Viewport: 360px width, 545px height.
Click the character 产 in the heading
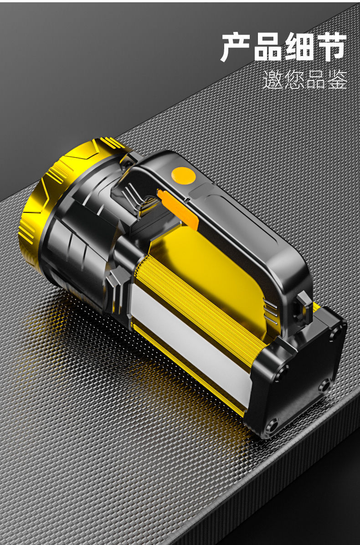click(x=237, y=46)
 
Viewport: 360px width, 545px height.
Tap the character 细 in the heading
click(x=299, y=46)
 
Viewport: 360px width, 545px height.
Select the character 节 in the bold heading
click(x=331, y=46)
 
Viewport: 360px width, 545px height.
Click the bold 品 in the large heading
click(x=267, y=47)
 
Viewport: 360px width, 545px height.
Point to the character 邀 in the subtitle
click(x=273, y=79)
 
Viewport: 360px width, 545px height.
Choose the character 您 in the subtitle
click(x=294, y=79)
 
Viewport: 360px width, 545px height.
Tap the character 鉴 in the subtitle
click(x=337, y=79)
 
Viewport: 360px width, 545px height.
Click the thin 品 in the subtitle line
click(x=315, y=80)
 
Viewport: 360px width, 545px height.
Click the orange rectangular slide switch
click(x=178, y=210)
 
